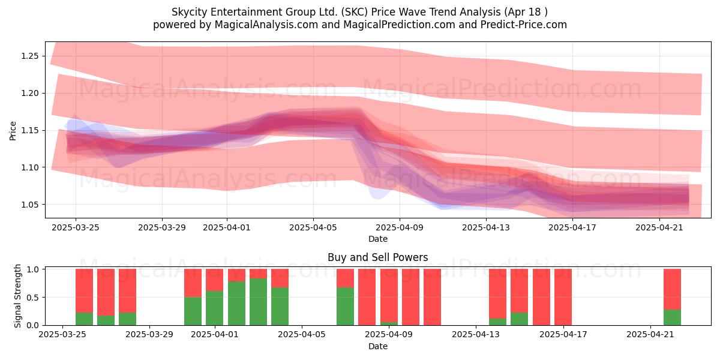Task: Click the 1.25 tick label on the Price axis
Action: point(29,56)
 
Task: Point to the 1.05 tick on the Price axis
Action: point(29,205)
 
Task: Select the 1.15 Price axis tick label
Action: point(29,131)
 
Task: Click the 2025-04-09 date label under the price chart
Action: point(400,227)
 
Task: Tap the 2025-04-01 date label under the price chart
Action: point(227,227)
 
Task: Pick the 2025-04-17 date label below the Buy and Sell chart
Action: point(563,334)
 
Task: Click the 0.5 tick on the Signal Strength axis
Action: point(33,298)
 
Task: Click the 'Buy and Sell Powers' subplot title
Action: point(377,257)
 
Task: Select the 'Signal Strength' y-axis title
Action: point(17,296)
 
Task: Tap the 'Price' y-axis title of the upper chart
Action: point(13,131)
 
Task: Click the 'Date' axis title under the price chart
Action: point(377,239)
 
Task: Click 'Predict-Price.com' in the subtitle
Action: point(524,25)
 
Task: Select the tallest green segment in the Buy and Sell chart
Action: point(258,302)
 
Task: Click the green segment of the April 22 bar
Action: point(672,317)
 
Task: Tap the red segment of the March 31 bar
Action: point(193,283)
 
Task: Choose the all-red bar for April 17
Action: point(563,297)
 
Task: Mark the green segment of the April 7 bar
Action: point(345,307)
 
